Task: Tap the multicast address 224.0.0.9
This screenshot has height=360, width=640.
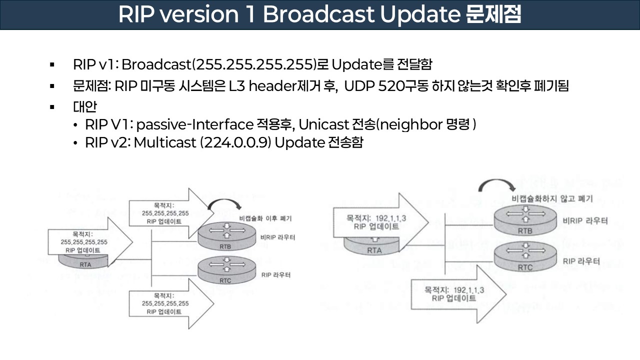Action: point(237,142)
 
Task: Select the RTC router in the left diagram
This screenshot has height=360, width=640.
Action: point(225,272)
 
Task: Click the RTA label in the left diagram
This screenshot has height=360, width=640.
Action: point(85,264)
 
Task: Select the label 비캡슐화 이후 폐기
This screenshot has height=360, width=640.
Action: point(265,218)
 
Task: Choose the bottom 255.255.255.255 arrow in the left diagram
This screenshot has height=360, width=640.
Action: point(165,303)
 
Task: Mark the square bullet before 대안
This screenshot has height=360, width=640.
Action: point(51,107)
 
